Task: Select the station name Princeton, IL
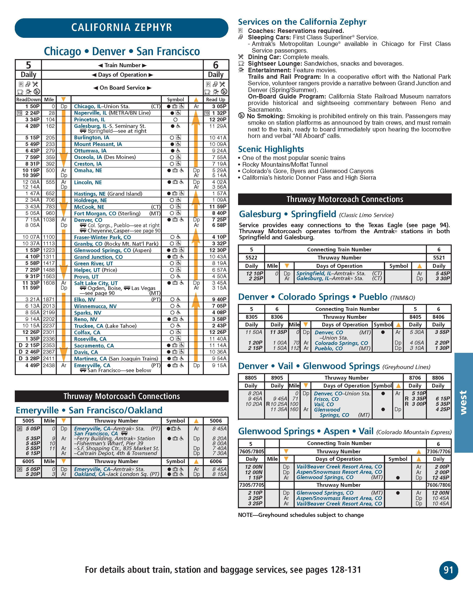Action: pyautogui.click(x=89, y=120)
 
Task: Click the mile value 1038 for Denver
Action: pyautogui.click(x=49, y=220)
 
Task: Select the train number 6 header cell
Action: pyautogui.click(x=216, y=65)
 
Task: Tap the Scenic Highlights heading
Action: pyautogui.click(x=271, y=149)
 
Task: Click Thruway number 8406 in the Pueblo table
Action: pyautogui.click(x=438, y=317)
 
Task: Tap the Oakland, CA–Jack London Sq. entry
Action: pyautogui.click(x=116, y=474)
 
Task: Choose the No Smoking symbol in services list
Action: pyautogui.click(x=241, y=116)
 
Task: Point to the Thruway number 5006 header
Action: pyautogui.click(x=216, y=421)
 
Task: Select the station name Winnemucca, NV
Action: pyautogui.click(x=95, y=306)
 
